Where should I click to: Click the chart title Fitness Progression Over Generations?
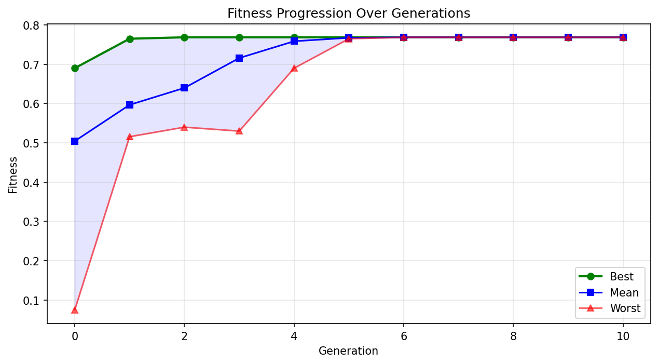(x=349, y=14)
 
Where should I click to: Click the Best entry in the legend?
(x=622, y=276)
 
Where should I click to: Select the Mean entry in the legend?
(x=624, y=292)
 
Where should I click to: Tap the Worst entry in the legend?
(x=625, y=308)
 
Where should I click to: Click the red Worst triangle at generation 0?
(x=75, y=309)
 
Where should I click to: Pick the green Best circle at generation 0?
(x=75, y=68)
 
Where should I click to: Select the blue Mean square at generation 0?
(x=75, y=141)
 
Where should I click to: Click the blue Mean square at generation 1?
(x=130, y=105)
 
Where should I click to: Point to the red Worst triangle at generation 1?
(x=130, y=137)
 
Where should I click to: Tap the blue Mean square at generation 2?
(x=184, y=88)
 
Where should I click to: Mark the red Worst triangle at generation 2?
(x=184, y=127)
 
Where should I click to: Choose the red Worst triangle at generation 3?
(x=239, y=131)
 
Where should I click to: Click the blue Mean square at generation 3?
(x=239, y=58)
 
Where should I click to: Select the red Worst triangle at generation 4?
(x=294, y=68)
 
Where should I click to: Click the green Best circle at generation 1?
(x=130, y=39)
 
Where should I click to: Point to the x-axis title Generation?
(x=348, y=351)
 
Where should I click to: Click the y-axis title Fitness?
(x=13, y=174)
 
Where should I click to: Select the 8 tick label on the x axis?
(x=513, y=336)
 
